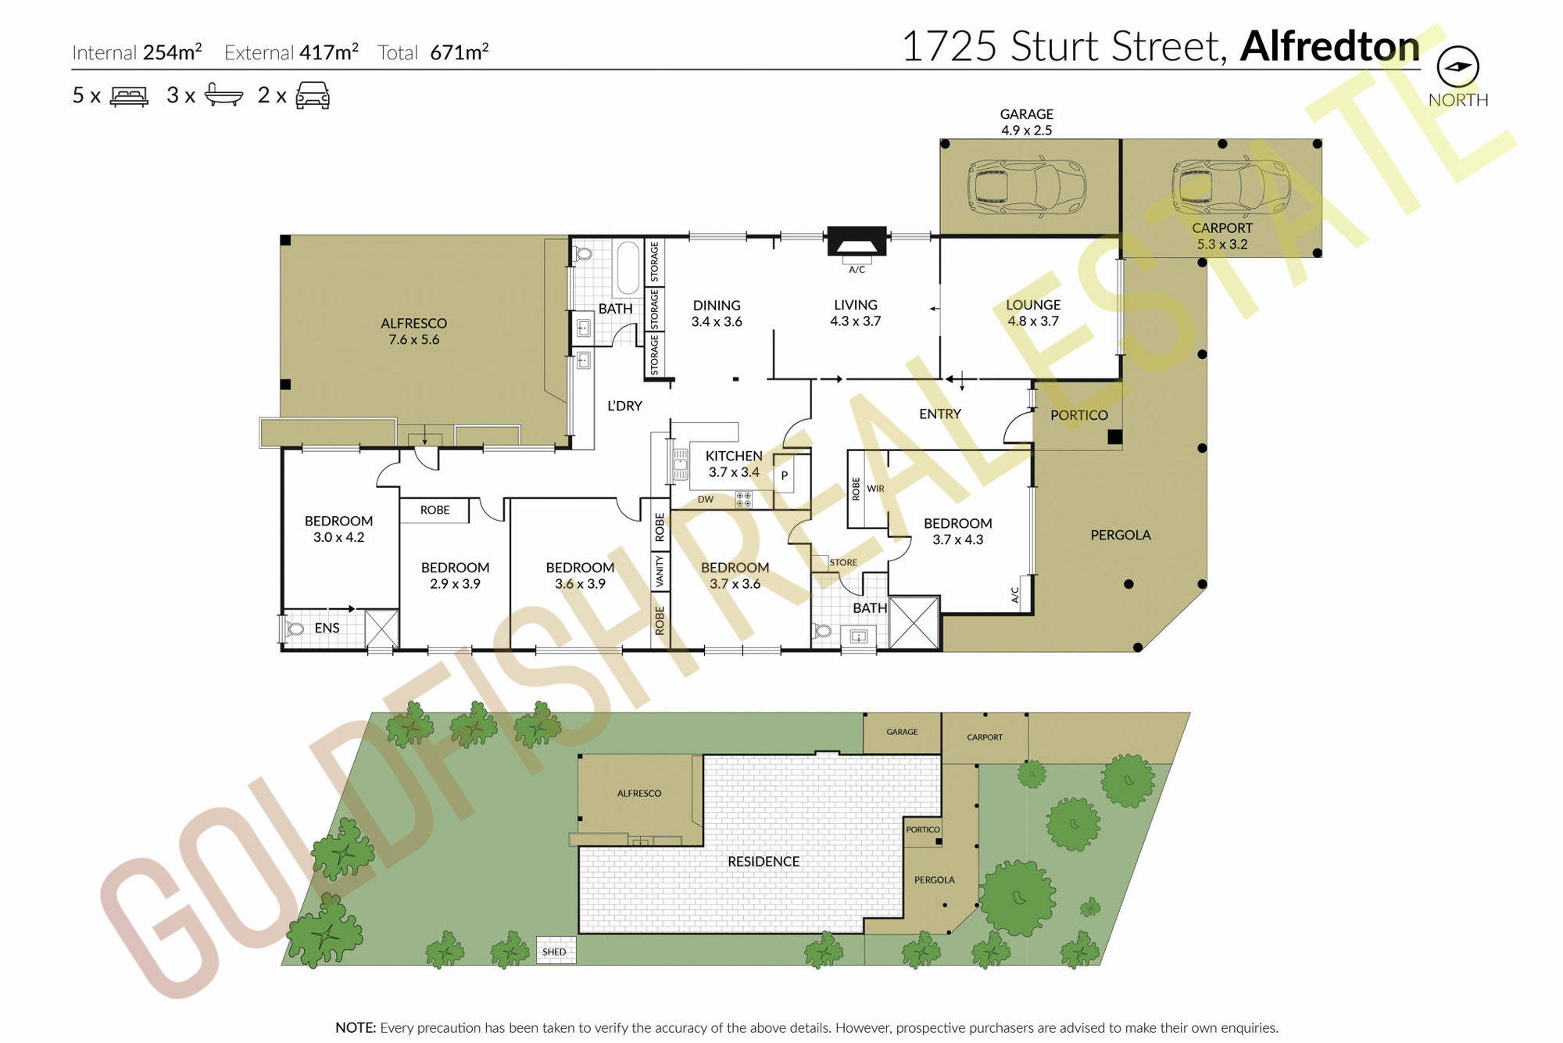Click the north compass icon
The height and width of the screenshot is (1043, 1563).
point(1458,66)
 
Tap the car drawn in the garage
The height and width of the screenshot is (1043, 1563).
point(1027,188)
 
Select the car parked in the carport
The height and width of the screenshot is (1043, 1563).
point(1231,187)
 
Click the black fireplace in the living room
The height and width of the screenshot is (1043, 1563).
point(857,242)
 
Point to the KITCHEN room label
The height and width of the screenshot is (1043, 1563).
point(734,456)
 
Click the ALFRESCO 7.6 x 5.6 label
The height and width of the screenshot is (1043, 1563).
point(414,332)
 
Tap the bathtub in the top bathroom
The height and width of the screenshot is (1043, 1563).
point(628,268)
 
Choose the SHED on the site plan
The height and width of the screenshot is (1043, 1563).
point(556,951)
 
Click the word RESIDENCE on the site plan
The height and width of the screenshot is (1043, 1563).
point(764,862)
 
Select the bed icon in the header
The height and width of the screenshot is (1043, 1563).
point(129,96)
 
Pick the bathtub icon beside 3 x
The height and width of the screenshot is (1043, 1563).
point(224,95)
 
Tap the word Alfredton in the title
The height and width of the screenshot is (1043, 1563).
point(1330,46)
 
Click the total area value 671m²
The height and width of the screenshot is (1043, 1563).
point(460,52)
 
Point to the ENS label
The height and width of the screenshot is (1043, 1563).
point(327,628)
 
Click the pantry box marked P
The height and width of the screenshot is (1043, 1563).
point(785,475)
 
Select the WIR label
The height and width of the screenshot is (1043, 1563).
point(875,489)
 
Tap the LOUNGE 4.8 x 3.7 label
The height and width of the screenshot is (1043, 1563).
point(1033,313)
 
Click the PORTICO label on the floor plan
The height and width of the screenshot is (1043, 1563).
point(1079,415)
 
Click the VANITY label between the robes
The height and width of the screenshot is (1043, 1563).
point(660,572)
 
